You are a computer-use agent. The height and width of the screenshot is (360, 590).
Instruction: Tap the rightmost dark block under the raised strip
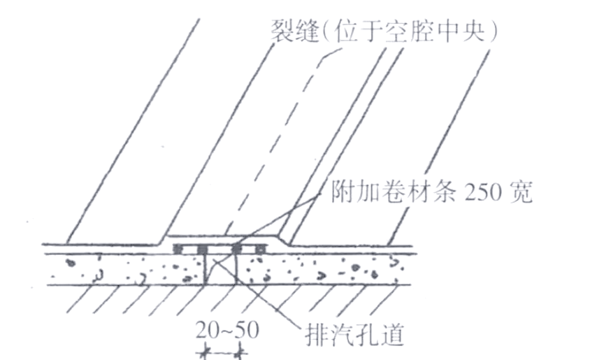(261, 249)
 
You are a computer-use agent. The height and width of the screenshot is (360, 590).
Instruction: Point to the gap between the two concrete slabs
(221, 268)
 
